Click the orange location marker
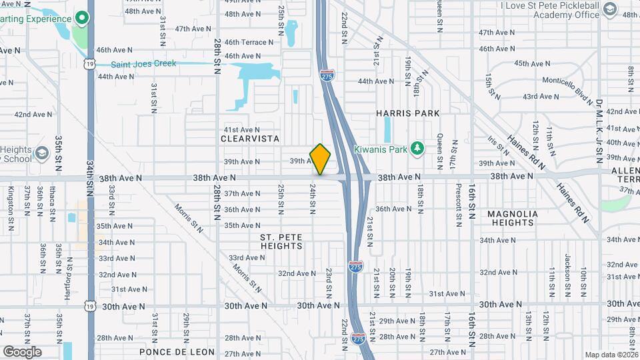click(x=320, y=159)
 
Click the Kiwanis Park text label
click(x=380, y=149)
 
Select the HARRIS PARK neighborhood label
click(x=407, y=113)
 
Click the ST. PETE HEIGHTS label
click(x=281, y=241)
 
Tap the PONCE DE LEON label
click(x=177, y=351)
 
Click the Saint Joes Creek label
click(x=143, y=64)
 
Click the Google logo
click(x=22, y=352)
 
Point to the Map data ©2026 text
click(x=611, y=355)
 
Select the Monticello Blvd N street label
click(x=567, y=90)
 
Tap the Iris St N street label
click(x=494, y=146)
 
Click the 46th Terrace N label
click(x=249, y=42)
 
